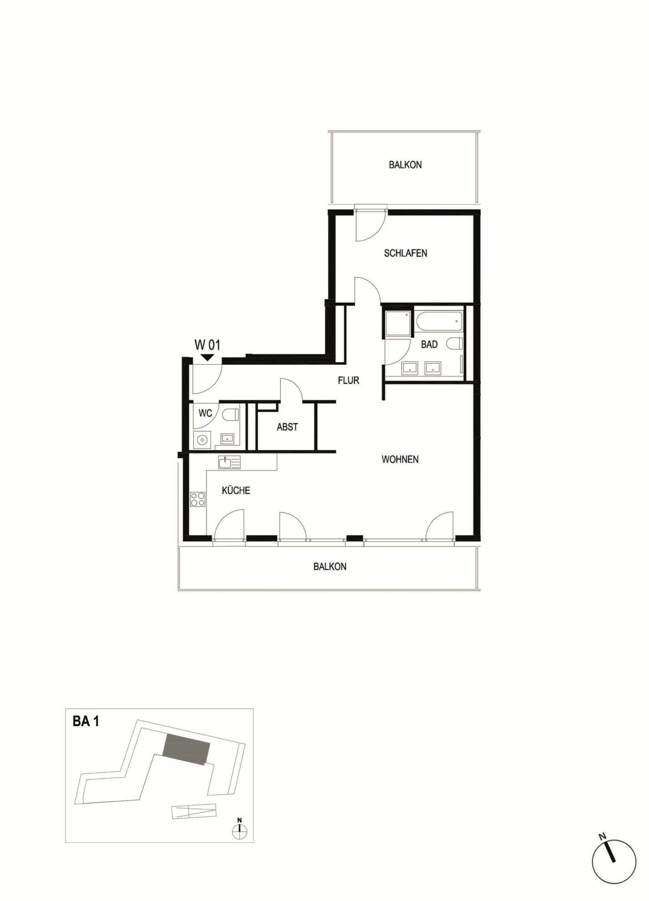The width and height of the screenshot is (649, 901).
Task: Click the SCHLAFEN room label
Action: click(405, 253)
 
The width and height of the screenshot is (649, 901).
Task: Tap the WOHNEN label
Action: click(400, 459)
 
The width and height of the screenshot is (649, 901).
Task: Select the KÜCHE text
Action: click(236, 490)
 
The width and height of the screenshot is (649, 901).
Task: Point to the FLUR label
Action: click(348, 381)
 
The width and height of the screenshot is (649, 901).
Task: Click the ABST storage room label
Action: click(287, 427)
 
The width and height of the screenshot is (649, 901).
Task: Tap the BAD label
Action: click(429, 344)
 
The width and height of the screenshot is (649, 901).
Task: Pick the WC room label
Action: click(205, 413)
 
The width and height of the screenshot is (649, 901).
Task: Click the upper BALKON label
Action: click(405, 165)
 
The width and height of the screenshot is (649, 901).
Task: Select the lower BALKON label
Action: click(330, 566)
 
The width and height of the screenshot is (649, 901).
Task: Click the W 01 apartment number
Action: click(207, 345)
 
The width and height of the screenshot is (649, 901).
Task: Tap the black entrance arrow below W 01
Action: click(207, 358)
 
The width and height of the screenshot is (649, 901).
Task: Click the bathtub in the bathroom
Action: click(439, 321)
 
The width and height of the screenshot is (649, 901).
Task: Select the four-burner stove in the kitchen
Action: click(198, 499)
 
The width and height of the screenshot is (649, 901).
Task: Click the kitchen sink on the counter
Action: click(229, 463)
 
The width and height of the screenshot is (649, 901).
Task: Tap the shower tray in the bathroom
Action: click(398, 323)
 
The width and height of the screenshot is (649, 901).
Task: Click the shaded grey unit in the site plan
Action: click(186, 749)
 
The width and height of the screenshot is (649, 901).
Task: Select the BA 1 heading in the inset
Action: click(86, 721)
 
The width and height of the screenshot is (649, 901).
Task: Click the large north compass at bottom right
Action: click(614, 862)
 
